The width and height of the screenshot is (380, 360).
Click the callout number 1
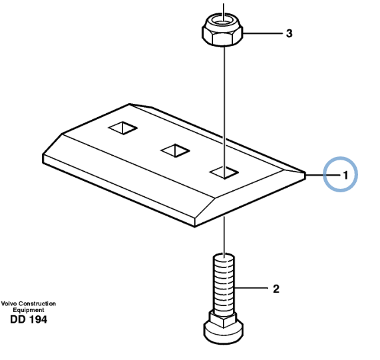[x=345, y=175]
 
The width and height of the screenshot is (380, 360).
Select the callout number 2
[x=276, y=289]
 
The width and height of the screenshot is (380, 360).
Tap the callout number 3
[x=289, y=33]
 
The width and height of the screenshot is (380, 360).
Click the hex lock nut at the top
[x=222, y=30]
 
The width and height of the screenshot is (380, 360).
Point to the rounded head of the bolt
[x=223, y=331]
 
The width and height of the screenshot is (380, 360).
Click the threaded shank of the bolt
[x=224, y=283]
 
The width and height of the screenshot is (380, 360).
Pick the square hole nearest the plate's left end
[x=123, y=128]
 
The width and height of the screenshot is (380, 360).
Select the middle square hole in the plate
[x=175, y=150]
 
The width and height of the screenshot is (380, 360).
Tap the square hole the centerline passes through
[x=224, y=172]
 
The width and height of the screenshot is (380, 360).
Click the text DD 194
[x=29, y=319]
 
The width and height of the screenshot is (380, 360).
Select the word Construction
[x=37, y=303]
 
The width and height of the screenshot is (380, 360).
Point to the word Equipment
[x=29, y=310]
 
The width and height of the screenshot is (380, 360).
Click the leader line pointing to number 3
[x=263, y=33]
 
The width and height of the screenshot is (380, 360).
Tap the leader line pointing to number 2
[x=252, y=288]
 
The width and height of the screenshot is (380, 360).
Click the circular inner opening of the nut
[x=223, y=22]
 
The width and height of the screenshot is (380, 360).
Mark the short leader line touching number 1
[x=323, y=174]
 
